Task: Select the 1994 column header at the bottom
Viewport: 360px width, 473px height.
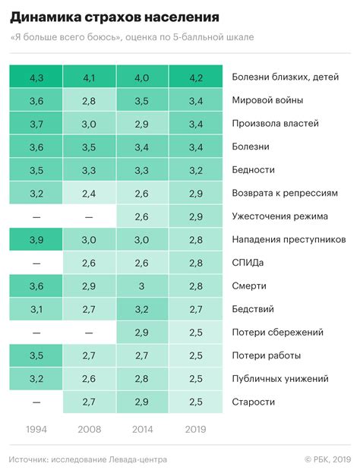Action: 36,428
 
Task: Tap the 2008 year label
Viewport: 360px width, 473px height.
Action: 90,428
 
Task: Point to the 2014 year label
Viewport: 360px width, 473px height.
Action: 143,428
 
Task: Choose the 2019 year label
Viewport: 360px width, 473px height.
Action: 196,428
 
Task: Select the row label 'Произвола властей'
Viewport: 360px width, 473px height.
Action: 274,123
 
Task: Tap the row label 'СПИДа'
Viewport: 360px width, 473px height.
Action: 249,263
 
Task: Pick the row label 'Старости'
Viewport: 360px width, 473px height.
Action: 254,402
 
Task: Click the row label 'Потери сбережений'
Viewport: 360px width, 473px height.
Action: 277,332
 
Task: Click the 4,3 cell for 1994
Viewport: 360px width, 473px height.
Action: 36,77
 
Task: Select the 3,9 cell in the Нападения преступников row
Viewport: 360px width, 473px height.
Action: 36,239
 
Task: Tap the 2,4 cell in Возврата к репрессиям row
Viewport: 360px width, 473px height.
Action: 90,193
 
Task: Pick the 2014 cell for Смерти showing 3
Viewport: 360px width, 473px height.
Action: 143,285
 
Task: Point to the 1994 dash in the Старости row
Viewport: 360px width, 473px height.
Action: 36,402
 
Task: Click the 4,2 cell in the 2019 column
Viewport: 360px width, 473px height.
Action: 196,77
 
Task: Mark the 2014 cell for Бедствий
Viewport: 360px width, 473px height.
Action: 143,309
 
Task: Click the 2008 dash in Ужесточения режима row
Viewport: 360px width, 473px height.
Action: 90,216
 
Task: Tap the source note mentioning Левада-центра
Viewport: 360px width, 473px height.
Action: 87,459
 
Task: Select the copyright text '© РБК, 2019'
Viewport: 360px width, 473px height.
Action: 327,459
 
